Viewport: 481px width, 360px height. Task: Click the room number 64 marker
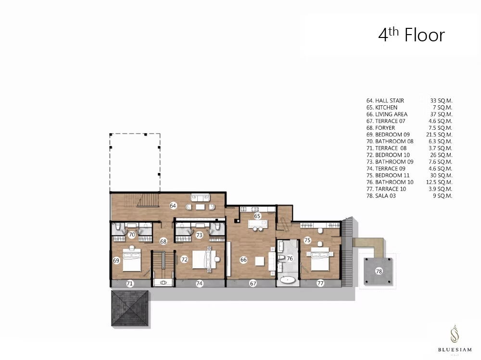(173, 205)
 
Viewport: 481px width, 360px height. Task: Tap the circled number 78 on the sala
(379, 271)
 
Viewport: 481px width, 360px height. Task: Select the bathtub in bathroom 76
(288, 280)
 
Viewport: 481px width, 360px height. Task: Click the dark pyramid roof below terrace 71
(130, 308)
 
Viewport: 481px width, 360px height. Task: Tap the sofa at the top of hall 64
(200, 198)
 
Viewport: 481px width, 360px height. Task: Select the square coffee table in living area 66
(260, 261)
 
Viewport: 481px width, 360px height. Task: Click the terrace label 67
(253, 284)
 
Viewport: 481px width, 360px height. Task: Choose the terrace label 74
(200, 284)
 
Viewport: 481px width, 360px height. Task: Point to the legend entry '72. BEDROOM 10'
(388, 155)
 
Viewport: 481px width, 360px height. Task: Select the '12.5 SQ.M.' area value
(439, 182)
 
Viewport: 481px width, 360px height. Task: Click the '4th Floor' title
(411, 35)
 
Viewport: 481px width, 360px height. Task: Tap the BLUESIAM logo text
(455, 349)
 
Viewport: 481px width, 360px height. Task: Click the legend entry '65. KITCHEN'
(382, 107)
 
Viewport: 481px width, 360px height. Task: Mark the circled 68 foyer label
(163, 241)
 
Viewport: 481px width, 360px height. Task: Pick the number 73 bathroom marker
(200, 235)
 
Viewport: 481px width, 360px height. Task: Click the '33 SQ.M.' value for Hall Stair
(441, 100)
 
